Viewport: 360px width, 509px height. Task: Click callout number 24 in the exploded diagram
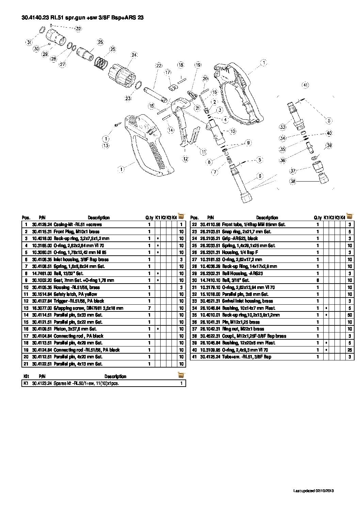pos(134,55)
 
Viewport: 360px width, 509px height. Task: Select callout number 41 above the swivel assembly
pos(305,85)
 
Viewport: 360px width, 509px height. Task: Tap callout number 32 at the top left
pos(79,29)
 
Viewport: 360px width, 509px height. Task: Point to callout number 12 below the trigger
pos(185,159)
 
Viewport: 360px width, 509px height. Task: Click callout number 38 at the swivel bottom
pos(293,181)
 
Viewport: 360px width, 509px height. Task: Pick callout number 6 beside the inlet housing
pos(260,176)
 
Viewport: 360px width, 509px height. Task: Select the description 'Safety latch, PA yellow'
pos(75,294)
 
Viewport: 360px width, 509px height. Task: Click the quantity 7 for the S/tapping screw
pos(149,308)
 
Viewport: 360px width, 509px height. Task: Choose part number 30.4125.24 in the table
pos(210,357)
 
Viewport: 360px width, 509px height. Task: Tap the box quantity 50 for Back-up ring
pos(349,315)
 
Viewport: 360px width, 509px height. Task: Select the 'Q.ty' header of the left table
pos(149,218)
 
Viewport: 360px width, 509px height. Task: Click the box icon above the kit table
pos(181,375)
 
